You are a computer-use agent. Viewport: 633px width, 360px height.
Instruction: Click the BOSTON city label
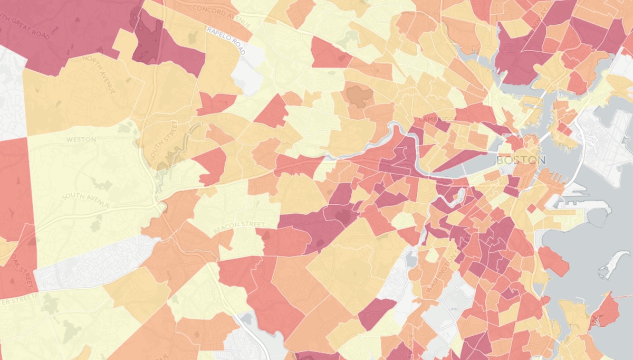pos(521,159)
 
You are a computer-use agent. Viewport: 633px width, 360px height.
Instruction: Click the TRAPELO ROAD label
pos(226,41)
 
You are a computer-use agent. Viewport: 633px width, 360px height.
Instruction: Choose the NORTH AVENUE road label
pos(99,74)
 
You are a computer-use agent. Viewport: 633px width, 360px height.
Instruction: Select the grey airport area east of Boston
pos(607,137)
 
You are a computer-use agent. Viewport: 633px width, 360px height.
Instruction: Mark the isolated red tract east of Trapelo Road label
pos(330,53)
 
